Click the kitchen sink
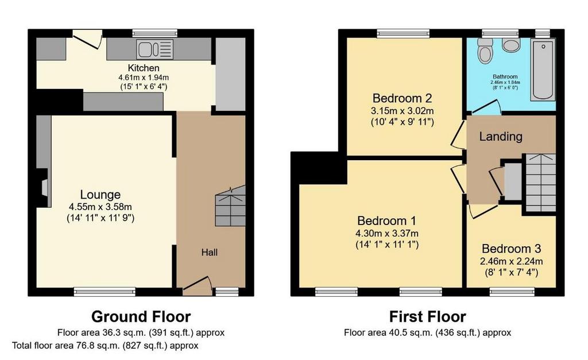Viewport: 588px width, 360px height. (x=155, y=49)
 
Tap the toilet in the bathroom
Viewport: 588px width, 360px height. (x=485, y=50)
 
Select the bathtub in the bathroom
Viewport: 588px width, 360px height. (x=543, y=70)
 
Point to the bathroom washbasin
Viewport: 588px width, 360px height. (x=510, y=44)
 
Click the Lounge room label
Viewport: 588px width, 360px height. (x=100, y=194)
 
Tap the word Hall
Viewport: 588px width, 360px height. (x=209, y=253)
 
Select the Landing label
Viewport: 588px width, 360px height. (x=501, y=136)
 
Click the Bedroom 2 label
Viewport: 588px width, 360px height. (x=402, y=98)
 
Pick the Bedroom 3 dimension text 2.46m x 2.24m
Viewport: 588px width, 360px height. (x=512, y=261)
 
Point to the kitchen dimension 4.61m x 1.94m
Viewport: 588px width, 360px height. (x=144, y=78)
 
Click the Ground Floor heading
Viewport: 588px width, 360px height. (x=141, y=316)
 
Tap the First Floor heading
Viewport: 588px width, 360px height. (x=427, y=316)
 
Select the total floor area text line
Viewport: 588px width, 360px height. (x=106, y=346)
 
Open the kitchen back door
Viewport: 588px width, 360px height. (x=87, y=40)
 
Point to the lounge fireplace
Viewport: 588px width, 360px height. (x=44, y=188)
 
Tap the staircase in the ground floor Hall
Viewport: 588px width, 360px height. (x=230, y=206)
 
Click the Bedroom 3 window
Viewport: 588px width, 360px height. (x=512, y=292)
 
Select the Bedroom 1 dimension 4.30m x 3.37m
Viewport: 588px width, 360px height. (x=387, y=233)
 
